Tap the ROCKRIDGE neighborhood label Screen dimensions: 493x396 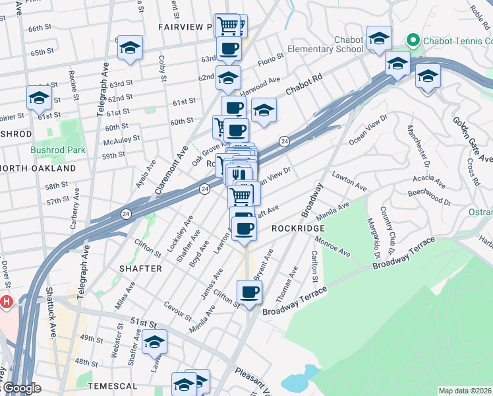(295, 228)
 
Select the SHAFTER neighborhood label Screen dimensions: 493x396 (140, 269)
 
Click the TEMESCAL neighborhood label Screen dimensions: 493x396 (115, 385)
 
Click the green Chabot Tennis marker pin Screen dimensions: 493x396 (414, 40)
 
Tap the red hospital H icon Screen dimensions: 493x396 (7, 302)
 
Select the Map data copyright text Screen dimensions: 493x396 (465, 391)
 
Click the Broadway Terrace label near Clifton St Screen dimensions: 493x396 (295, 302)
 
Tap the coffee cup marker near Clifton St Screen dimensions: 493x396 (249, 292)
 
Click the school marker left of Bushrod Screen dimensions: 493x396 (39, 98)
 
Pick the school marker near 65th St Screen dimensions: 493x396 (130, 48)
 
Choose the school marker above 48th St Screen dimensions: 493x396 (154, 342)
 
